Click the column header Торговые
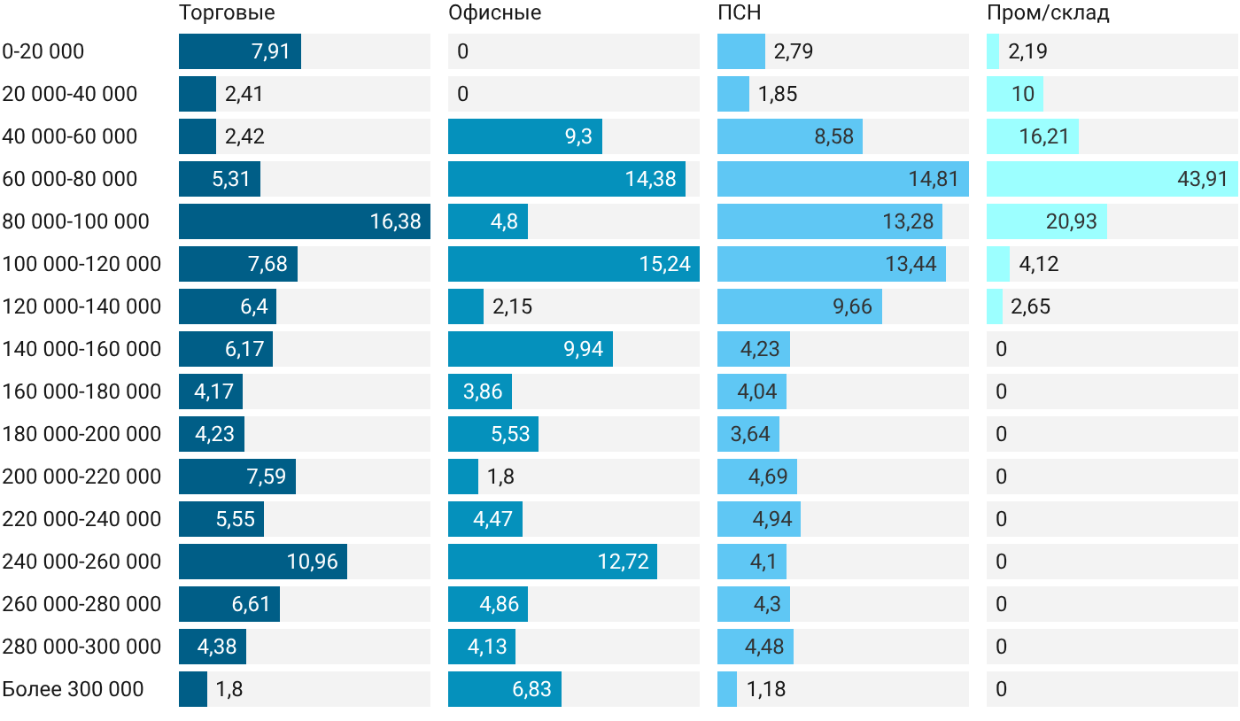point(227,12)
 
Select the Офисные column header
point(494,12)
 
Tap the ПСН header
point(739,12)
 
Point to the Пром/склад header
point(1048,13)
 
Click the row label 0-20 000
point(43,51)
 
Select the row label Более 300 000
point(73,689)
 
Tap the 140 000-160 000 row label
point(81,349)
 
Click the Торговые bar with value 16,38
point(305,221)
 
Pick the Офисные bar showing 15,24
point(574,264)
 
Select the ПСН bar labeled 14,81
point(843,179)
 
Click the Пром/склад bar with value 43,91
point(1112,179)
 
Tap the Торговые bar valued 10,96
point(263,562)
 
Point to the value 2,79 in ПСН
point(794,51)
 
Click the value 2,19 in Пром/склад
point(1027,51)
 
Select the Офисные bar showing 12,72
point(553,562)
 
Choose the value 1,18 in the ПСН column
point(766,689)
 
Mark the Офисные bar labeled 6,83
point(505,689)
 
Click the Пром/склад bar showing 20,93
point(1047,221)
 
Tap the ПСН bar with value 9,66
point(800,306)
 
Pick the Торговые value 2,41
point(244,94)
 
